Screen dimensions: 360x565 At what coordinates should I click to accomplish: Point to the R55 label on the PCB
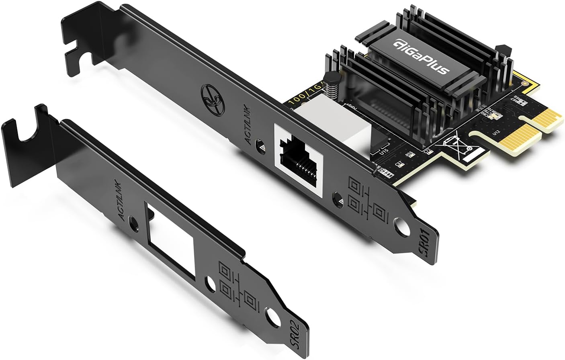(x=409, y=154)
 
